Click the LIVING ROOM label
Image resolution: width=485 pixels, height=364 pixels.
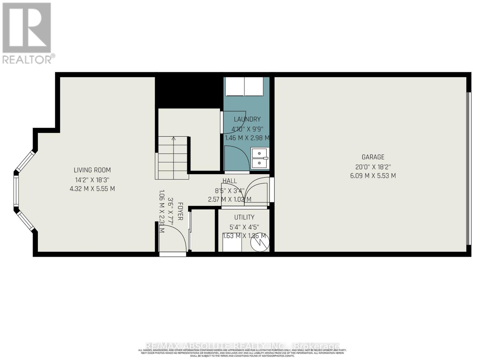pyautogui.click(x=92, y=170)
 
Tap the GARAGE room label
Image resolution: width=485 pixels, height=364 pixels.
pyautogui.click(x=373, y=157)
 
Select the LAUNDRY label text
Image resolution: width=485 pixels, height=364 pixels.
pyautogui.click(x=247, y=119)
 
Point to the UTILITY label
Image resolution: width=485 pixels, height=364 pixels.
pyautogui.click(x=244, y=217)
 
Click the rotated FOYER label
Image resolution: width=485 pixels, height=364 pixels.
pyautogui.click(x=180, y=211)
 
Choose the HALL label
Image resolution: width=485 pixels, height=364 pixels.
pyautogui.click(x=230, y=181)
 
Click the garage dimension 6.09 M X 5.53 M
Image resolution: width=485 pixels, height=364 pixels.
pyautogui.click(x=373, y=176)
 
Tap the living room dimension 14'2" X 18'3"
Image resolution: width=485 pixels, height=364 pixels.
pyautogui.click(x=92, y=180)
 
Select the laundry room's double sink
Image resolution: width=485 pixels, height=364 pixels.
pyautogui.click(x=260, y=158)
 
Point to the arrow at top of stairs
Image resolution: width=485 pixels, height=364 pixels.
pyautogui.click(x=173, y=139)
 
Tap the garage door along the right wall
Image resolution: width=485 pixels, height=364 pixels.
pyautogui.click(x=469, y=168)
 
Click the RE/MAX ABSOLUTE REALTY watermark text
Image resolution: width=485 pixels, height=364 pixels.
pyautogui.click(x=242, y=346)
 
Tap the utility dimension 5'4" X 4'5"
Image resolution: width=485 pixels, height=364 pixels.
pyautogui.click(x=244, y=227)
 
